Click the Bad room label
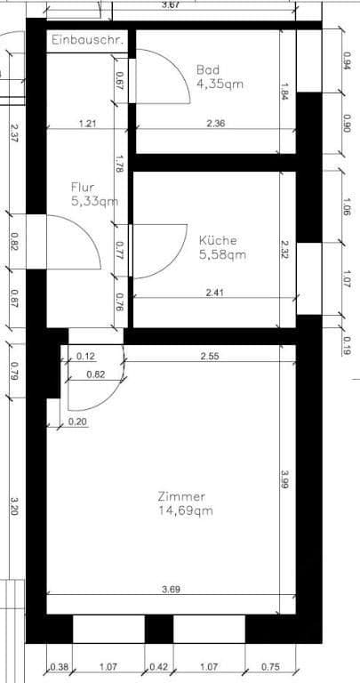click(207, 69)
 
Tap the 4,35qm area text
click(219, 84)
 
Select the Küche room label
click(218, 239)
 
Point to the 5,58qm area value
click(222, 254)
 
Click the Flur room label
click(83, 187)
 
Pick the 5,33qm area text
click(94, 202)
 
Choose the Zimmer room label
click(181, 496)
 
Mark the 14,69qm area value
click(185, 511)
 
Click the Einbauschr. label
click(89, 41)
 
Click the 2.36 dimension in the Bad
click(215, 124)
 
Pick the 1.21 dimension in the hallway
click(87, 124)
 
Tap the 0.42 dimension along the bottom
click(160, 667)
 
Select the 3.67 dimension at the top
click(171, 5)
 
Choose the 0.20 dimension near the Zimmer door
click(77, 422)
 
